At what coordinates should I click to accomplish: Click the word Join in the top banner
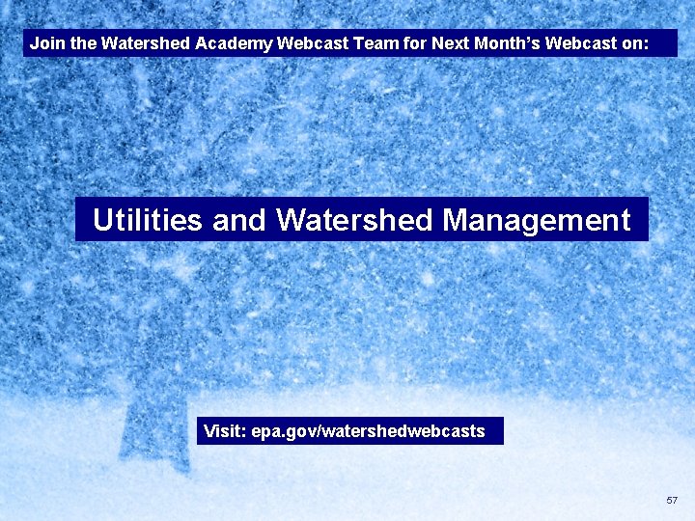pyautogui.click(x=45, y=43)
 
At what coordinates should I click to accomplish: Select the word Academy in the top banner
pyautogui.click(x=234, y=43)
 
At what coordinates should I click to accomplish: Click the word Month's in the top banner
pyautogui.click(x=510, y=43)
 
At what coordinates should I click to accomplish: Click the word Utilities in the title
pyautogui.click(x=148, y=221)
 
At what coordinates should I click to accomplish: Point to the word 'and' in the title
pyautogui.click(x=238, y=221)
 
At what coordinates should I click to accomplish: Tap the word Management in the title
pyautogui.click(x=536, y=221)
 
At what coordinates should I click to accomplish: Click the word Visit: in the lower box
pyautogui.click(x=224, y=431)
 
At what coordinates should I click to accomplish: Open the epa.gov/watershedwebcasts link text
pyautogui.click(x=368, y=431)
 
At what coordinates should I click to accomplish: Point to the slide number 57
pyautogui.click(x=672, y=501)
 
